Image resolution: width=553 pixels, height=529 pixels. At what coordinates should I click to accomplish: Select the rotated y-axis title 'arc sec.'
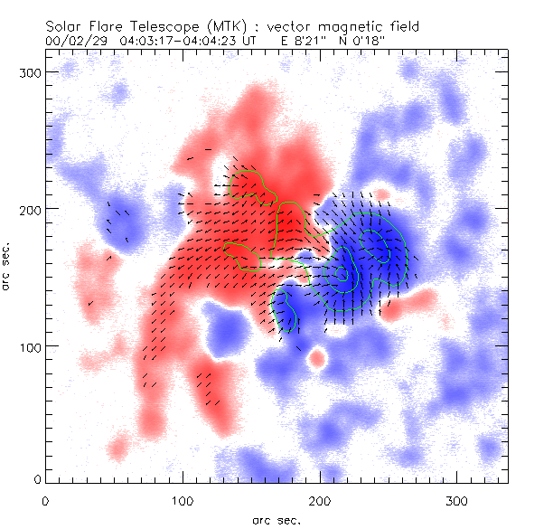[7, 266]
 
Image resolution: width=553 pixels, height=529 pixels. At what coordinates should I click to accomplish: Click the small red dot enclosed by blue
[316, 358]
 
